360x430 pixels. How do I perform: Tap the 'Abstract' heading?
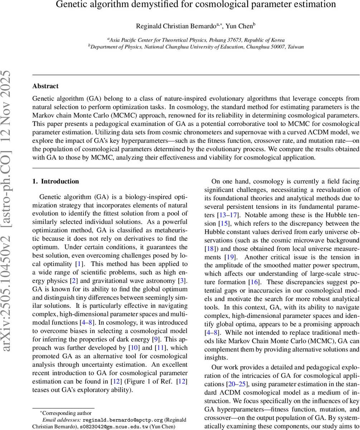(x=45, y=86)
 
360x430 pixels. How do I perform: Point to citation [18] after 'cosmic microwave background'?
(x=210, y=248)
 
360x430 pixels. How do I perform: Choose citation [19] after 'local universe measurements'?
(x=229, y=257)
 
